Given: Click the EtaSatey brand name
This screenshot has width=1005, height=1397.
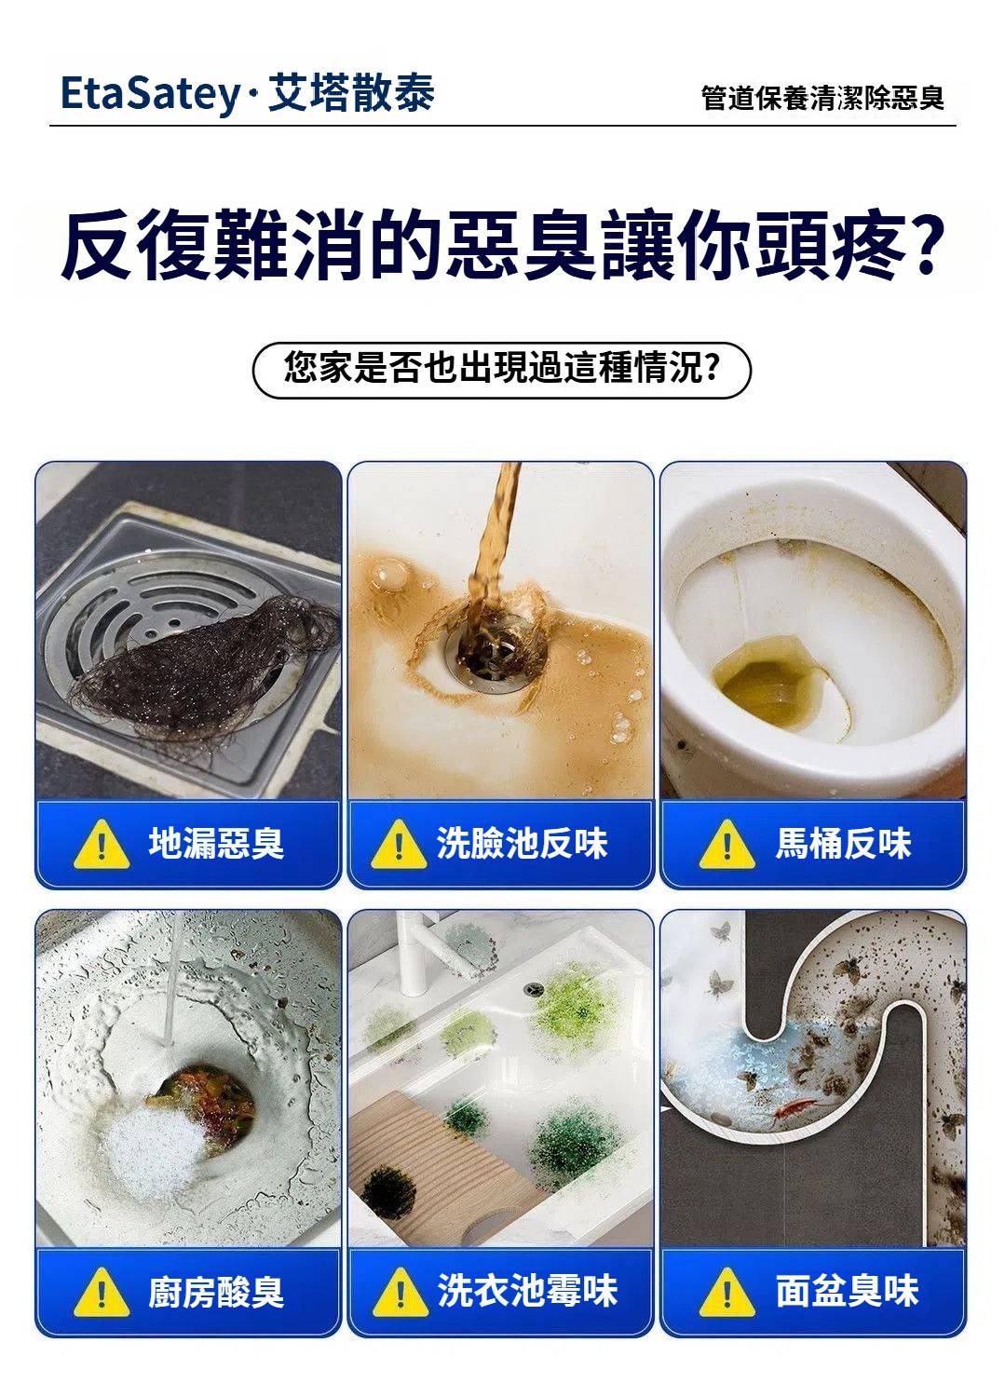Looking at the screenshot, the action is [150, 94].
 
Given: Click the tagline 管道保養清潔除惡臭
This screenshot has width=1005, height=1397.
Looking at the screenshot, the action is [822, 99].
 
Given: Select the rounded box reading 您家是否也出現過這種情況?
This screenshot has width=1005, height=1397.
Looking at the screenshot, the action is [501, 370].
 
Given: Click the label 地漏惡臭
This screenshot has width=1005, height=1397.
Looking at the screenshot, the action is [216, 843].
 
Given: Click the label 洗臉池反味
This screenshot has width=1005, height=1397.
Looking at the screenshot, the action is [522, 843].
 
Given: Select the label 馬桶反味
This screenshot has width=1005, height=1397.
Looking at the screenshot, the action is [843, 843].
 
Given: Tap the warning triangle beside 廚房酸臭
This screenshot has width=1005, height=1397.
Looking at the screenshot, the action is [102, 1293].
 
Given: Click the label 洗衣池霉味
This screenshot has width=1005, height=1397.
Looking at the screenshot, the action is [527, 1291].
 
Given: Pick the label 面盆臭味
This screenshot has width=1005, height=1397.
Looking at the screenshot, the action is [848, 1291].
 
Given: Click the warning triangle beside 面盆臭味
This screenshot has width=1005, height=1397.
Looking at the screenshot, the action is [727, 1293].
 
